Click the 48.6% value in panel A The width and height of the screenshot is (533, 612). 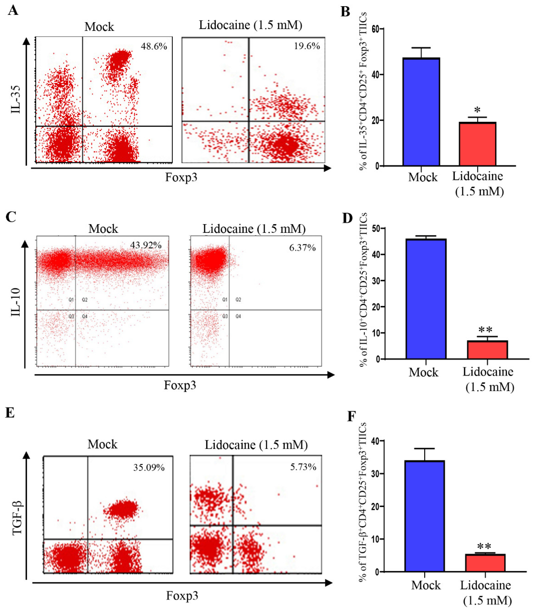coord(154,46)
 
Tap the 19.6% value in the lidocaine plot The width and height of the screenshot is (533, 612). coord(307,46)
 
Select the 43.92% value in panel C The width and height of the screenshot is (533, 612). coord(146,245)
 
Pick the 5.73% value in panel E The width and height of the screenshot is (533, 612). coord(303,467)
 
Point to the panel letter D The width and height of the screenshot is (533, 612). coord(347,218)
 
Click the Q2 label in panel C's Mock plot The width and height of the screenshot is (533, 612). coord(85,300)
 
